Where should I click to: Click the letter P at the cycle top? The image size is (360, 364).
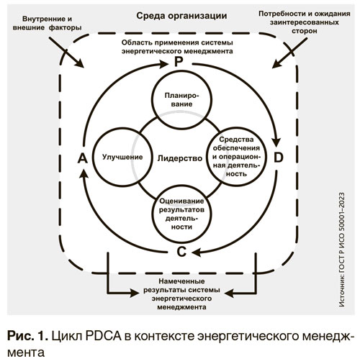coord(179,62)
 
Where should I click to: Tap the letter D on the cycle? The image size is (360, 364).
coord(279,158)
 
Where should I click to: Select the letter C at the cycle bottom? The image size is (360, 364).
coord(181,252)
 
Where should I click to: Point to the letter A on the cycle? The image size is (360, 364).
coord(82,158)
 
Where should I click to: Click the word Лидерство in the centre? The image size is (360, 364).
coord(180,158)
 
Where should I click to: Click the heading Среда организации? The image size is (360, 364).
coord(181,16)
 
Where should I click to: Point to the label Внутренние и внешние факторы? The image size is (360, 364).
coord(47,23)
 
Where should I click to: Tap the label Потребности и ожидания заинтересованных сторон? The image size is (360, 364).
coord(305,22)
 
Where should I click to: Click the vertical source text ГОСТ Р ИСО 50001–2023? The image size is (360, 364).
coord(342,250)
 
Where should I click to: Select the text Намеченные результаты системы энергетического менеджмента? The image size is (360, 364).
coord(181,294)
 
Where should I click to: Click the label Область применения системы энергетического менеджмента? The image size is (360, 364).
coord(177,47)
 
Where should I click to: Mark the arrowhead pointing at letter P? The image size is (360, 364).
coord(163,64)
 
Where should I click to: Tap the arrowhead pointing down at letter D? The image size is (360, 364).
coord(277,142)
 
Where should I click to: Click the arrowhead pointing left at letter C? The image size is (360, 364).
coord(197,252)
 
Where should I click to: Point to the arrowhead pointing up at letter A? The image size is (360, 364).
coord(84,174)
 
